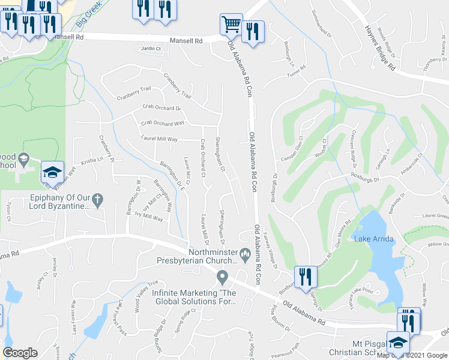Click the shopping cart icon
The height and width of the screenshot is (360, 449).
coord(231,25)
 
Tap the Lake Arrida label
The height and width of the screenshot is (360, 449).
coord(373,239)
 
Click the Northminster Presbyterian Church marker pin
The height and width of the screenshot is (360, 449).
coord(245,254)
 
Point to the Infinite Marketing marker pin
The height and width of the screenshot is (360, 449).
coord(222,277)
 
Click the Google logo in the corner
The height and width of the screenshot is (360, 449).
coord(20,353)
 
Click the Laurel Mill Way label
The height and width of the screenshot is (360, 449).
coord(159,139)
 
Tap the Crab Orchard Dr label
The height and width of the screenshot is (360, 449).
coord(161,108)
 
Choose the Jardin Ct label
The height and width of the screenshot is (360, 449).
coord(152,48)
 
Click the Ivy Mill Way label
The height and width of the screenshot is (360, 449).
coord(149,219)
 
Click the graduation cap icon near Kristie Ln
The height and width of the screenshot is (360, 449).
coord(52,173)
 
